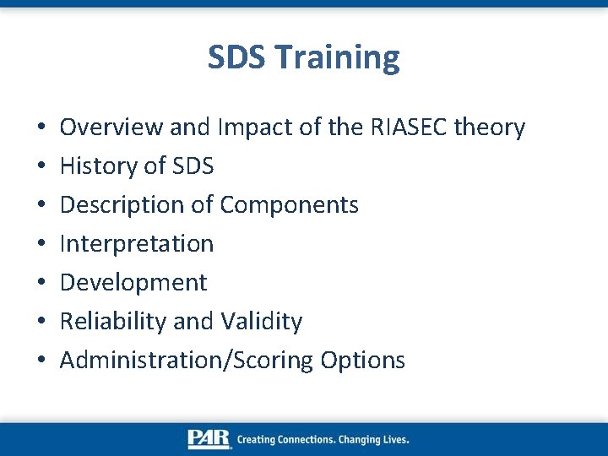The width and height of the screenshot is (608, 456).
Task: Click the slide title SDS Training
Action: click(x=304, y=58)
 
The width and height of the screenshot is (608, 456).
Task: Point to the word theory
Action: click(x=490, y=128)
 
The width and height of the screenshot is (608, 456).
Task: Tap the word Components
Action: click(x=289, y=205)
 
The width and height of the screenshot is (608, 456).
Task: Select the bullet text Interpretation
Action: click(x=137, y=244)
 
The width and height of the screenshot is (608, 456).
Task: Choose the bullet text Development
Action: click(x=133, y=283)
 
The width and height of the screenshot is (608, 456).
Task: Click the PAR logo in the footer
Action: click(x=209, y=439)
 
